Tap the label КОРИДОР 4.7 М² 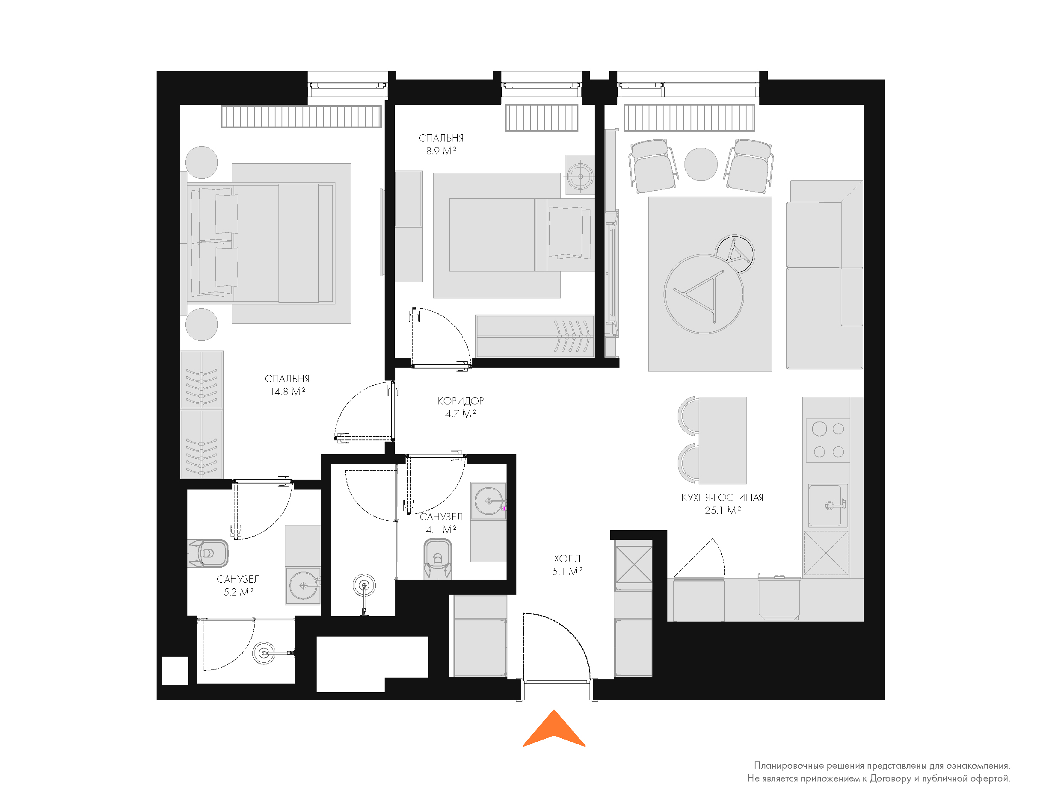pos(460,407)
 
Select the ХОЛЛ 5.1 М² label pos(567,565)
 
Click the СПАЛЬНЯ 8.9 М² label pos(441,144)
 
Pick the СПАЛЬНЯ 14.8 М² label pos(287,385)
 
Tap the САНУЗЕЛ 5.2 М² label pos(238,585)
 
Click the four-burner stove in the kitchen pos(828,440)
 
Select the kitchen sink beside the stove pos(828,505)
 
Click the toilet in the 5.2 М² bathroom pos(208,553)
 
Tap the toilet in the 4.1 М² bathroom pos(437,558)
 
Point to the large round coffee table pos(703,294)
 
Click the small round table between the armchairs pos(701,164)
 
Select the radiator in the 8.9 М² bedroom pos(541,118)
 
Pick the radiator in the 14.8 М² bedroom pos(301,117)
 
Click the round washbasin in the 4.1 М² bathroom pos(489,501)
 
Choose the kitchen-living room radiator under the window pos(689,118)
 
